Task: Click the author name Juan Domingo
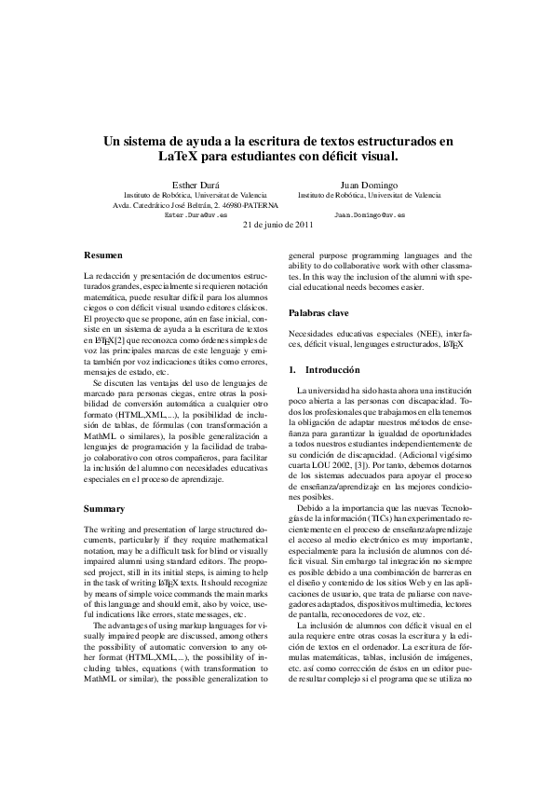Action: coord(370,186)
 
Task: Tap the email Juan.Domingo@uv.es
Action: coord(369,214)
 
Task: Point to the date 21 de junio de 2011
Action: coord(277,226)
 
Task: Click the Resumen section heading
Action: coord(102,254)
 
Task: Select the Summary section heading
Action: coord(104,509)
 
